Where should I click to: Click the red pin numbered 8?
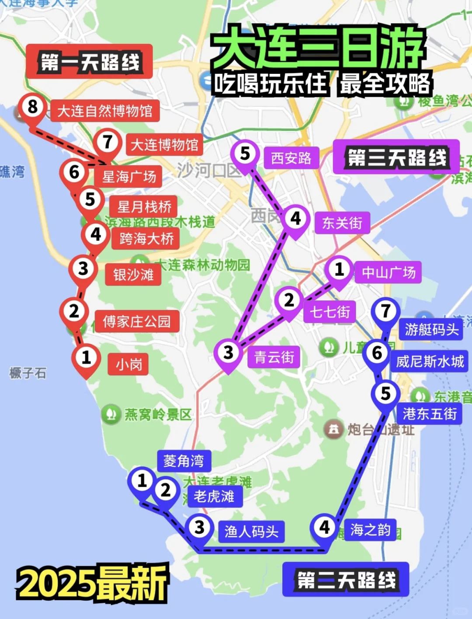pyautogui.click(x=32, y=108)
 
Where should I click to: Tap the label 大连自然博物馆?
pyautogui.click(x=105, y=111)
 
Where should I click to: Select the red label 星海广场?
pyautogui.click(x=129, y=177)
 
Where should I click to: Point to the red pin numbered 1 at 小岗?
pyautogui.click(x=86, y=358)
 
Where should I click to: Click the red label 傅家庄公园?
pyautogui.click(x=136, y=322)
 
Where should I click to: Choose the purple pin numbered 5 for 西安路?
pyautogui.click(x=245, y=154)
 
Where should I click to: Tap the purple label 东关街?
pyautogui.click(x=342, y=223)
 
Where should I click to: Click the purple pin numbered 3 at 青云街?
pyautogui.click(x=228, y=352)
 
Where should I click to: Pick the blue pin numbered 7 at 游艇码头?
pyautogui.click(x=385, y=312)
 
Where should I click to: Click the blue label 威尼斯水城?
pyautogui.click(x=430, y=362)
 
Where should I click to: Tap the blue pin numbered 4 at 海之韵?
pyautogui.click(x=324, y=528)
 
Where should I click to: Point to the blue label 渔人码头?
pyautogui.click(x=251, y=532)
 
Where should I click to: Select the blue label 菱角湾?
pyautogui.click(x=184, y=461)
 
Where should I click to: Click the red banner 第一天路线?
pyautogui.click(x=90, y=62)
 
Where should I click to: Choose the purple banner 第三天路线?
pyautogui.click(x=396, y=157)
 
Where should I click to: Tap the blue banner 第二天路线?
pyautogui.click(x=346, y=580)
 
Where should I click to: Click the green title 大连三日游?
pyautogui.click(x=318, y=47)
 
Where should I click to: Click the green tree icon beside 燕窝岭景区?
pyautogui.click(x=111, y=414)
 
